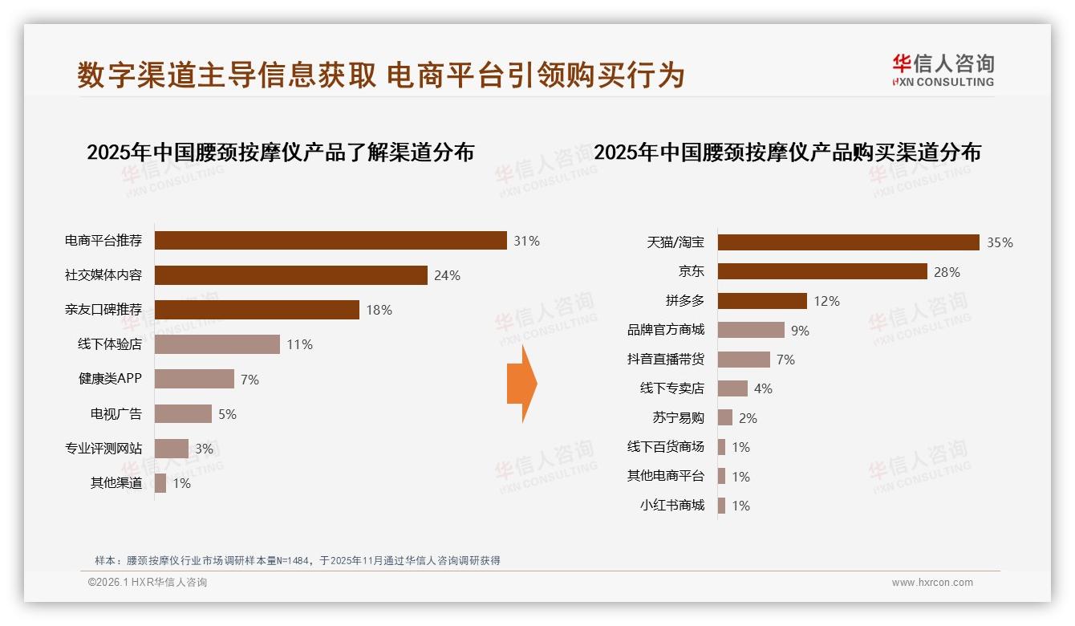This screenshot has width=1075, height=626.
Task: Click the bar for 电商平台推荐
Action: click(x=331, y=241)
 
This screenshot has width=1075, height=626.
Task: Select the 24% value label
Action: click(x=447, y=275)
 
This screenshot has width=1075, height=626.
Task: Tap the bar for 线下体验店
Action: click(x=217, y=344)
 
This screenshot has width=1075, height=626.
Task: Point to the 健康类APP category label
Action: click(x=110, y=379)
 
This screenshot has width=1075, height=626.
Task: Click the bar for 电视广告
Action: click(x=183, y=413)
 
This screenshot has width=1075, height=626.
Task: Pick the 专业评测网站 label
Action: click(x=103, y=448)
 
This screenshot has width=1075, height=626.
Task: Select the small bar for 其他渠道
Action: click(x=160, y=483)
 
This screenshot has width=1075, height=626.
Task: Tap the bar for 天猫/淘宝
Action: click(x=848, y=242)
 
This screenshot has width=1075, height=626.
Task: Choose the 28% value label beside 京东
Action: click(x=947, y=272)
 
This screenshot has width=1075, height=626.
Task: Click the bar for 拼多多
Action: click(x=762, y=301)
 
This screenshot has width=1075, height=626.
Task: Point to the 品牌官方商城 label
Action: click(x=665, y=330)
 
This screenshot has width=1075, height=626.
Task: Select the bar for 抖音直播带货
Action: click(x=744, y=360)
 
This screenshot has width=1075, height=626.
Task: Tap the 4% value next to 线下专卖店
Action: click(x=763, y=388)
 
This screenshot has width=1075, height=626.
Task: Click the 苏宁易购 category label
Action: click(x=678, y=417)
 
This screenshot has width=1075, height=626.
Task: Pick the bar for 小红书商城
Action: click(x=722, y=506)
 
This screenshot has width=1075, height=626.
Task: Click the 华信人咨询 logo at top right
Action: click(x=943, y=70)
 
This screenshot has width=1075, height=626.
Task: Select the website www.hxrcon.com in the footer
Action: click(x=932, y=583)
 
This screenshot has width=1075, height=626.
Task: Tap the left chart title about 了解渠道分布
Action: click(x=280, y=152)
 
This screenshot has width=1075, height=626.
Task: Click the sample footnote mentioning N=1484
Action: click(x=297, y=560)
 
